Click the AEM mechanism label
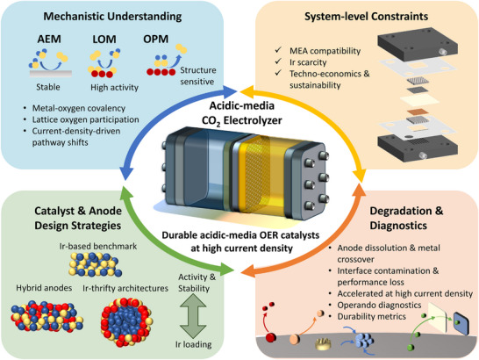point(49,40)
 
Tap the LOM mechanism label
point(104,40)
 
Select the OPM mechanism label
point(156,40)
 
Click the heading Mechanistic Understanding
point(112,17)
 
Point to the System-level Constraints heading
point(367,17)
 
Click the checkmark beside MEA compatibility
point(278,49)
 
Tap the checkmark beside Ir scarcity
point(278,61)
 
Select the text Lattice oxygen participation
point(86,119)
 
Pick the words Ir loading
point(193,344)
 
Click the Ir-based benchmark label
point(98,246)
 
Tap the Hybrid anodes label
point(44,288)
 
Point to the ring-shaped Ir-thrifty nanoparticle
point(108,322)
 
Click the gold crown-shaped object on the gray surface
point(323,343)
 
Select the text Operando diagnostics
point(379,305)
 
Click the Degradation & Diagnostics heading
point(406,218)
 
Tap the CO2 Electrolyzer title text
point(241,120)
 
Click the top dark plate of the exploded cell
point(418,46)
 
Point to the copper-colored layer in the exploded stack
point(417,112)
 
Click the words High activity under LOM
point(115,88)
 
